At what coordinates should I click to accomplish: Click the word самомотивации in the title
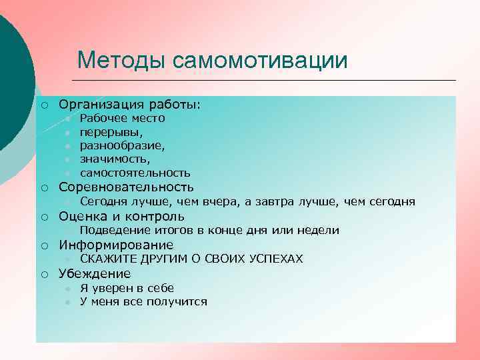[259, 60]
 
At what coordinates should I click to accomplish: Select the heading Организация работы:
[129, 105]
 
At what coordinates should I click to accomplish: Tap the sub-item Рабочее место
[122, 119]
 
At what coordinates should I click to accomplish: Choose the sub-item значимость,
[115, 159]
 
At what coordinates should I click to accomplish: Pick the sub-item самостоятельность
[135, 173]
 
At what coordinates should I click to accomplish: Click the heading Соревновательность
[126, 187]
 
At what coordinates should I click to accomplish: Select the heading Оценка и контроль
[121, 217]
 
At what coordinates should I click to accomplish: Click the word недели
[319, 231]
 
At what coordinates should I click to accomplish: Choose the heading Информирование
[116, 245]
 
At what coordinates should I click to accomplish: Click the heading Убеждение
[95, 274]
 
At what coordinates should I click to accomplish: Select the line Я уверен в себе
[127, 288]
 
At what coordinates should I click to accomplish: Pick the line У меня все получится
[143, 302]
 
